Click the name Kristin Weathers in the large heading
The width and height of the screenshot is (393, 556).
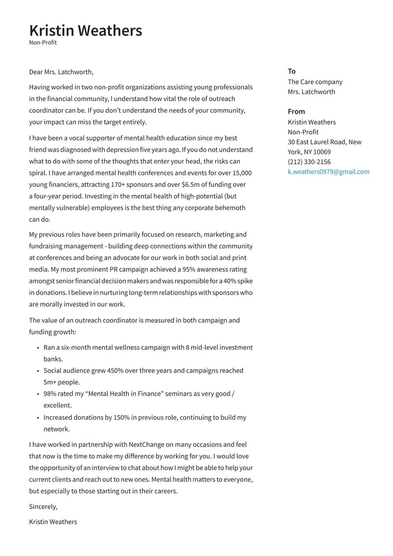(86, 30)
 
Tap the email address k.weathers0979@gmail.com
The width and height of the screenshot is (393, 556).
(328, 172)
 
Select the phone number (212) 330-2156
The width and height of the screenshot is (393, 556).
(309, 162)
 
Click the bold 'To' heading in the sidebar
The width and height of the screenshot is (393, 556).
(291, 71)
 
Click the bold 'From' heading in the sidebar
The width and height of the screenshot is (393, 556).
(296, 111)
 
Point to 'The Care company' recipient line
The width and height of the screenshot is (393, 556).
(315, 82)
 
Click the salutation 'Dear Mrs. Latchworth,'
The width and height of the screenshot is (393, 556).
(61, 72)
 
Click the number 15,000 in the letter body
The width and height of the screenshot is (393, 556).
(242, 173)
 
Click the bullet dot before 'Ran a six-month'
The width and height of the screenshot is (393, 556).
(37, 348)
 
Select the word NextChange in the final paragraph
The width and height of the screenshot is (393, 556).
(146, 445)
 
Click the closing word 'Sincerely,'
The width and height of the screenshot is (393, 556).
(43, 507)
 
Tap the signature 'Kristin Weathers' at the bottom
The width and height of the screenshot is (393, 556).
(53, 522)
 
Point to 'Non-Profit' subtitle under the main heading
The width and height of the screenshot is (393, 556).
(43, 43)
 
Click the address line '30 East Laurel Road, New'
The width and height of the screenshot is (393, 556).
(324, 142)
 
